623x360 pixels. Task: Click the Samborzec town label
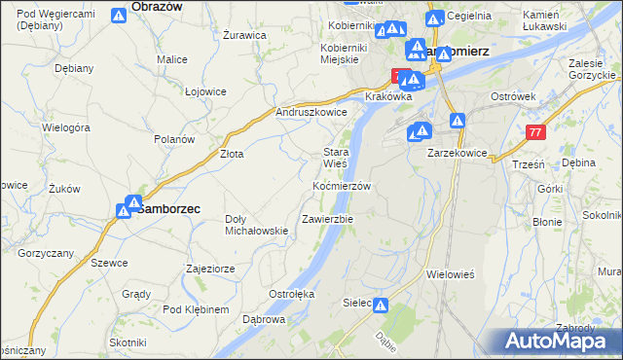[x=167, y=208]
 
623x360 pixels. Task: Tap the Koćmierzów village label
[x=341, y=185]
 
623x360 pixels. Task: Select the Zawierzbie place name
[x=327, y=219]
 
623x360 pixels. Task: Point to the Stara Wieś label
[x=336, y=158]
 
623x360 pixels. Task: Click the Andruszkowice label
[x=311, y=112]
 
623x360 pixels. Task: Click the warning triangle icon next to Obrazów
[x=118, y=15]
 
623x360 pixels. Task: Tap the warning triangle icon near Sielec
[x=381, y=306]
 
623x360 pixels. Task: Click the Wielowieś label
[x=450, y=274]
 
